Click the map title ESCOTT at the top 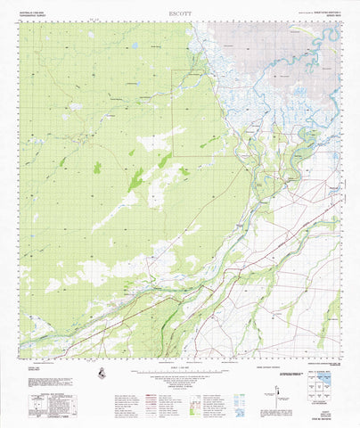click(x=180, y=14)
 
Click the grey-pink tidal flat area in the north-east click(x=267, y=45)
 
